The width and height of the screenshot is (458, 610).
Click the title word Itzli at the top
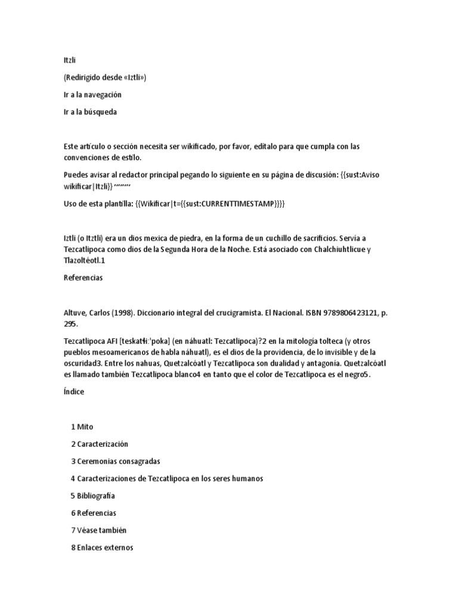[x=70, y=60]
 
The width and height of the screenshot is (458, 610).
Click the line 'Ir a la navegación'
[x=92, y=95]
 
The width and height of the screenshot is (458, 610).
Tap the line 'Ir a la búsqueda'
[x=90, y=112]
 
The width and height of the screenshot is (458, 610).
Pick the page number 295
[x=70, y=323]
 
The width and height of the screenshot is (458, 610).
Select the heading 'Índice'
[x=74, y=392]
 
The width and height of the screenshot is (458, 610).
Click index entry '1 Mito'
[x=82, y=427]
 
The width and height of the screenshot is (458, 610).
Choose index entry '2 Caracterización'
[x=100, y=444]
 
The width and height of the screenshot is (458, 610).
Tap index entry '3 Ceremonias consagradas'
[x=116, y=461]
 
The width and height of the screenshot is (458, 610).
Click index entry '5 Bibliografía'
[x=93, y=496]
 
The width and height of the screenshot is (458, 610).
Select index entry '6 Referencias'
[x=94, y=513]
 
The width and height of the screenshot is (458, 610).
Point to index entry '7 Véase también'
[x=99, y=530]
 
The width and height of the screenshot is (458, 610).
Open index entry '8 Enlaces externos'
[x=102, y=547]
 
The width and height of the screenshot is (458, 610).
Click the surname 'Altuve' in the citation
[x=75, y=313]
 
